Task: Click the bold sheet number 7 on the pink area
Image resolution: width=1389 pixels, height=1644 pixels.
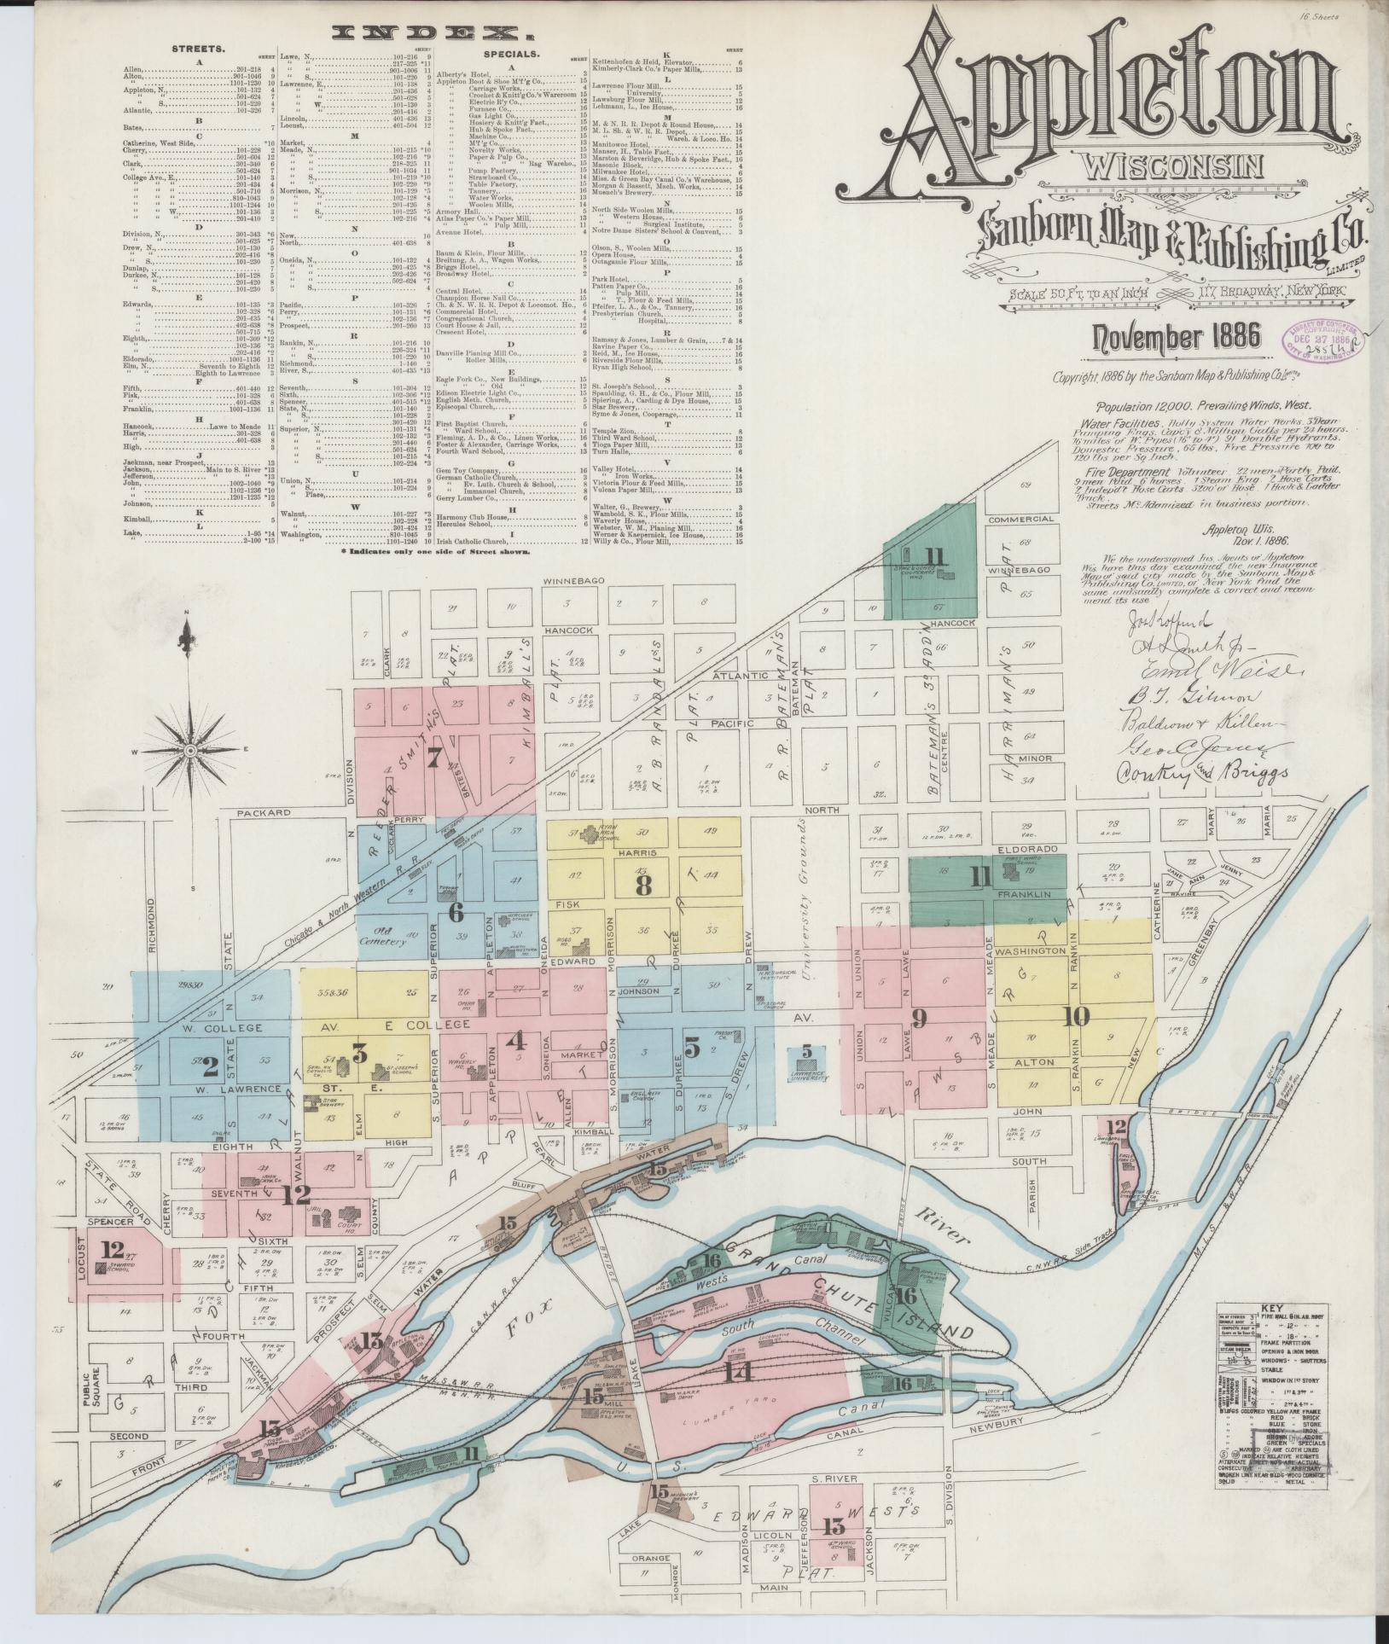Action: [434, 757]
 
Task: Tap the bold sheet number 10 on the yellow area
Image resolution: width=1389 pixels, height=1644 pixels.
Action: [1077, 1015]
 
